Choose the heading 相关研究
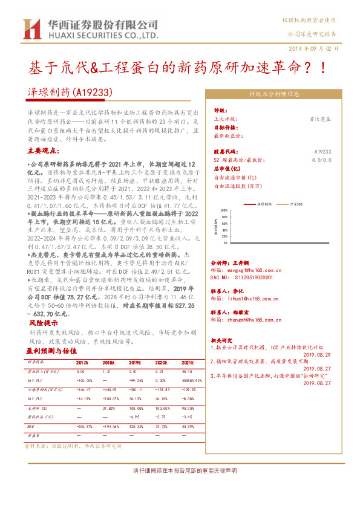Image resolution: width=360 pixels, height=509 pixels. click(224, 340)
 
